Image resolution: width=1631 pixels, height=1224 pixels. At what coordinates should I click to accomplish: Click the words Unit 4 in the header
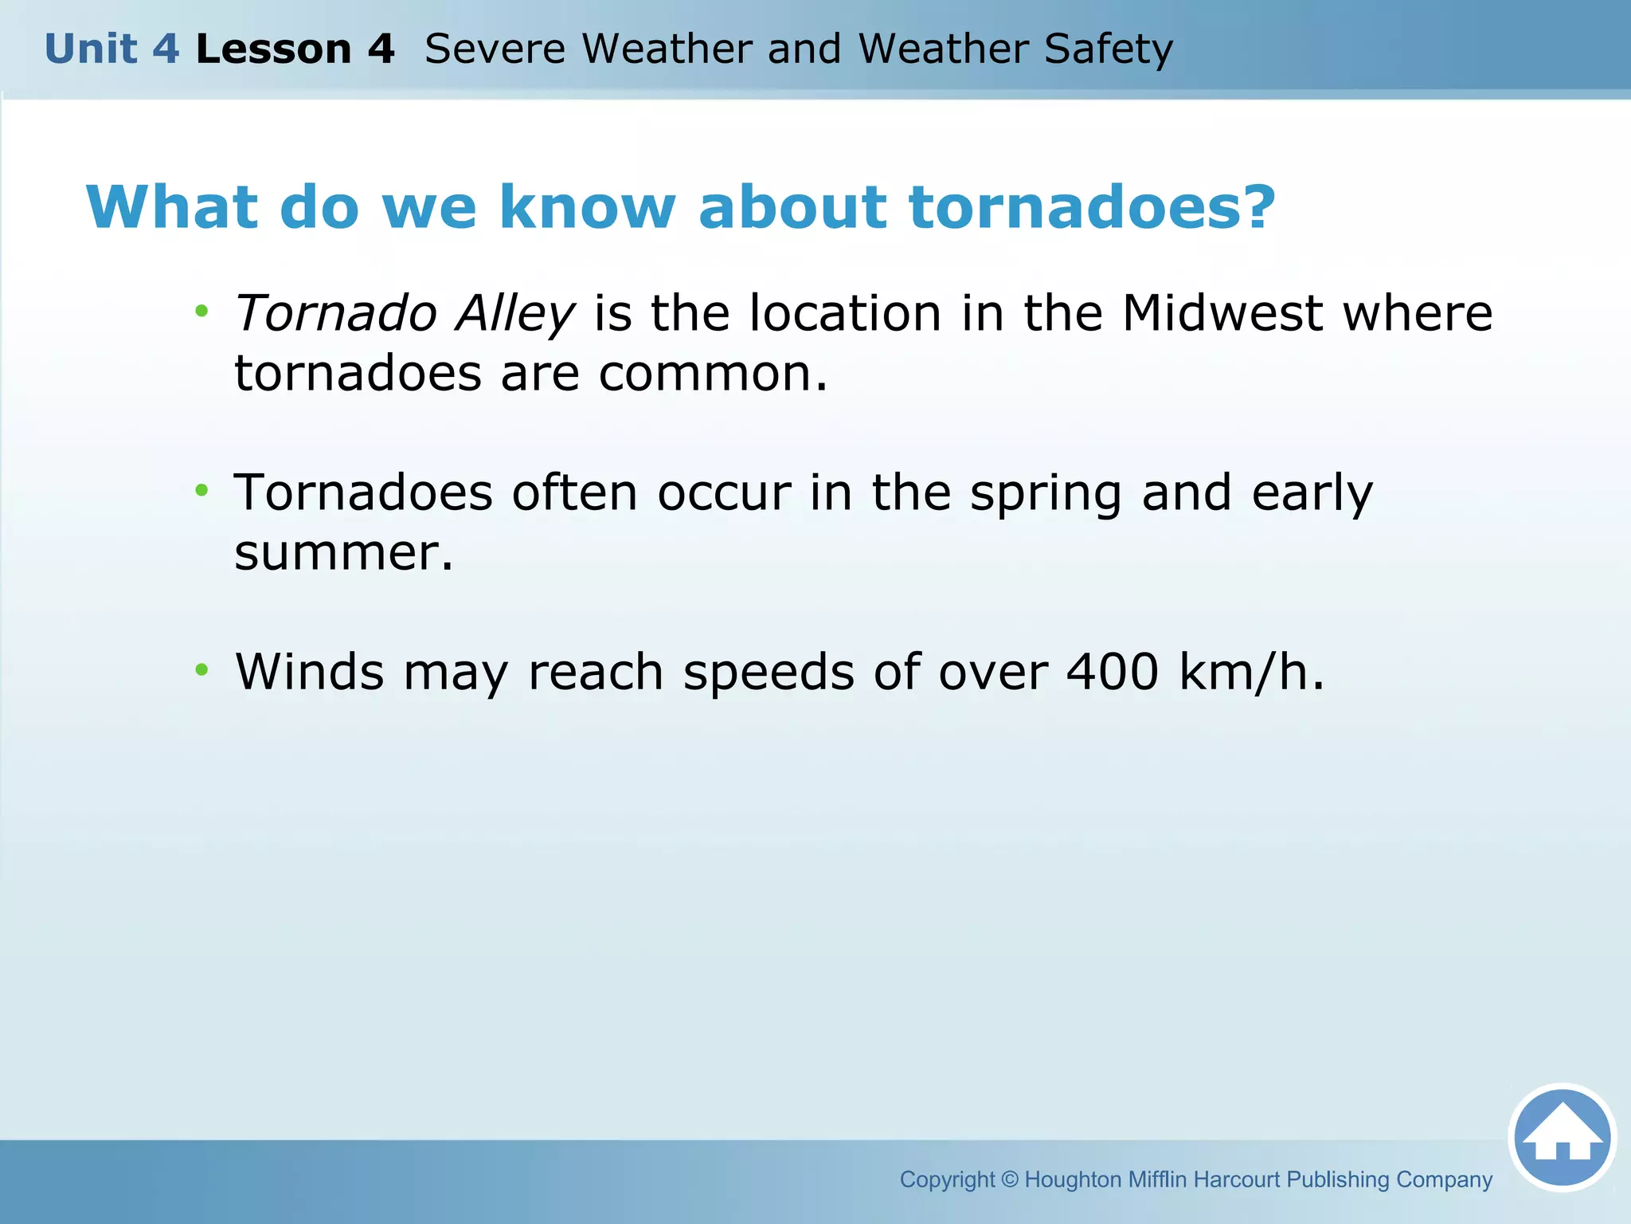click(111, 49)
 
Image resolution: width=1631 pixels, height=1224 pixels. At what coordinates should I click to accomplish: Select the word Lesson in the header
click(273, 49)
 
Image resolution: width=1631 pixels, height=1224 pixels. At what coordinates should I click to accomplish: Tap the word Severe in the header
click(495, 49)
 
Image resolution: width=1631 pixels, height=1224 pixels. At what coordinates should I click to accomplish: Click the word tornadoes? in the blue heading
click(1092, 207)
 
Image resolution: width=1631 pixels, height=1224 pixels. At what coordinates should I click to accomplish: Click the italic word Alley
click(514, 313)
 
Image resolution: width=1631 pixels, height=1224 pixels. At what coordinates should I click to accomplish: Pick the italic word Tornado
click(335, 313)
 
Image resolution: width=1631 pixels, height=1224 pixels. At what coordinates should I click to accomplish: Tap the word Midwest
click(1222, 313)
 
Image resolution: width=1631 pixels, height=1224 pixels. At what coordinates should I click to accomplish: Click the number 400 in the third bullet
click(1113, 673)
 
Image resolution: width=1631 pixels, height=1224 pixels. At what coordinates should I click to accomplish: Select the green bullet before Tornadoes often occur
click(202, 490)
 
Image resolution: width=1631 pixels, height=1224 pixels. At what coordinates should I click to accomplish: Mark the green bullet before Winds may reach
click(202, 669)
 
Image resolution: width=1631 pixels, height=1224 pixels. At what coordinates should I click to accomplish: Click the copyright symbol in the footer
click(1009, 1179)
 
